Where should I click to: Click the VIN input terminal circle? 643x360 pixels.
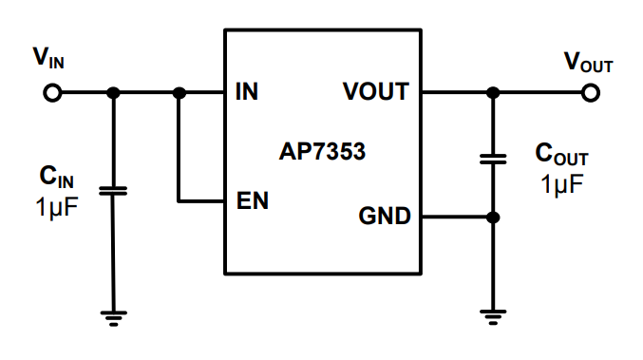(52, 93)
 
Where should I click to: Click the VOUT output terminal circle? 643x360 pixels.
(591, 93)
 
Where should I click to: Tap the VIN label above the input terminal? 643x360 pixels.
(48, 60)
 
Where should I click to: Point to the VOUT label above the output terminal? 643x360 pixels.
(588, 63)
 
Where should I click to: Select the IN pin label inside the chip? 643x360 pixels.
(245, 93)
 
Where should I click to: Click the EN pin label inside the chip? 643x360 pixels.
(252, 202)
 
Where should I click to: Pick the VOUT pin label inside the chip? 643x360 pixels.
(376, 93)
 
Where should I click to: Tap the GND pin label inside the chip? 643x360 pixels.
(385, 218)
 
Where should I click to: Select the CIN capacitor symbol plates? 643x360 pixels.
(113, 191)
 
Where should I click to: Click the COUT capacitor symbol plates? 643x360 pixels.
(492, 158)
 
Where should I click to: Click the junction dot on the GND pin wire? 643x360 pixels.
(492, 218)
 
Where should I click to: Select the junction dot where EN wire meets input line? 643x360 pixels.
(179, 93)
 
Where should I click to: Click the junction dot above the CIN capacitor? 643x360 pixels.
(113, 93)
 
